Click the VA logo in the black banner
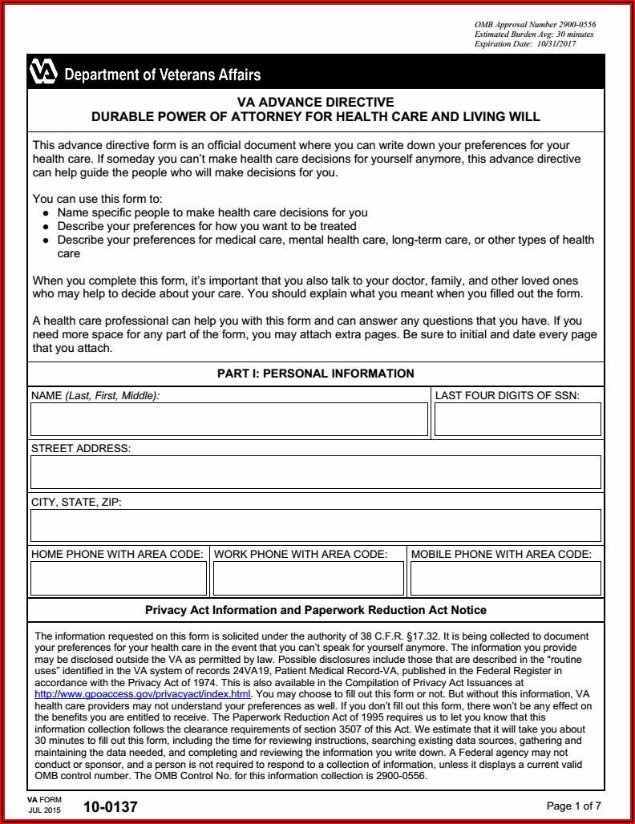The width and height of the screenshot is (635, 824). pyautogui.click(x=43, y=72)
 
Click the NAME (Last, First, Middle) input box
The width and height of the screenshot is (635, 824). pyautogui.click(x=229, y=419)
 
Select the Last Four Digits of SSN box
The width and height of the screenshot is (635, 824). pyautogui.click(x=517, y=419)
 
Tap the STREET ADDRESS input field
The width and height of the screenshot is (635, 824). pyautogui.click(x=315, y=472)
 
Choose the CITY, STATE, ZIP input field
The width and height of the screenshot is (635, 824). pyautogui.click(x=315, y=525)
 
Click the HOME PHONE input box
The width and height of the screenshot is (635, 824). pyautogui.click(x=118, y=578)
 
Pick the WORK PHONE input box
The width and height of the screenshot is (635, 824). pyautogui.click(x=308, y=578)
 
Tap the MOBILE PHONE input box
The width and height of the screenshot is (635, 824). pyautogui.click(x=505, y=578)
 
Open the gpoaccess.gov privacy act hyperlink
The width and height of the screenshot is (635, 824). pyautogui.click(x=144, y=693)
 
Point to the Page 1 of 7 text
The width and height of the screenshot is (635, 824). pyautogui.click(x=573, y=806)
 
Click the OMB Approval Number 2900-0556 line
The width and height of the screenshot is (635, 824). pyautogui.click(x=535, y=25)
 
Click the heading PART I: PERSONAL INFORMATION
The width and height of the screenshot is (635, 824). pyautogui.click(x=316, y=374)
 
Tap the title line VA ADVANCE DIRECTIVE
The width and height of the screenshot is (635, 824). pyautogui.click(x=316, y=103)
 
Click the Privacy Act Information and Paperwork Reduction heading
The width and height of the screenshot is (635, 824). pyautogui.click(x=316, y=610)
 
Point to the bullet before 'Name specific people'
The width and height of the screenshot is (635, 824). pyautogui.click(x=47, y=213)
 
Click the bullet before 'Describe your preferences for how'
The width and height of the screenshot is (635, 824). pyautogui.click(x=47, y=227)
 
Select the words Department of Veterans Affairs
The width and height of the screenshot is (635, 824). pyautogui.click(x=162, y=75)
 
